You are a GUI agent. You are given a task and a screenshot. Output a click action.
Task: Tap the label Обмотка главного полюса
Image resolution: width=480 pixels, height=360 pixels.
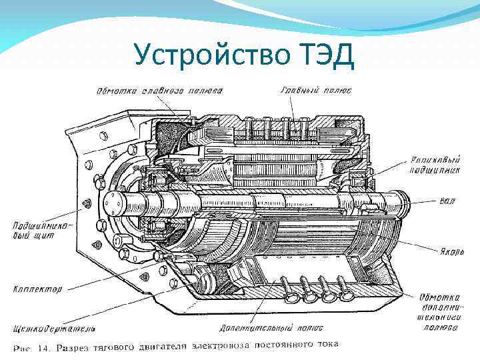pyautogui.click(x=160, y=90)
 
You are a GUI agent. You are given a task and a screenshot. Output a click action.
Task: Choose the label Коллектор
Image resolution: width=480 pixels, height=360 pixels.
pyautogui.click(x=37, y=289)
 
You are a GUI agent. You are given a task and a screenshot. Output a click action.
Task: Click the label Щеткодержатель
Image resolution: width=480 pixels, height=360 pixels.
pyautogui.click(x=53, y=329)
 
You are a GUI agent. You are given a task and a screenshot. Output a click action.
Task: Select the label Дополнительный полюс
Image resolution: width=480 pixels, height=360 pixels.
pyautogui.click(x=271, y=328)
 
